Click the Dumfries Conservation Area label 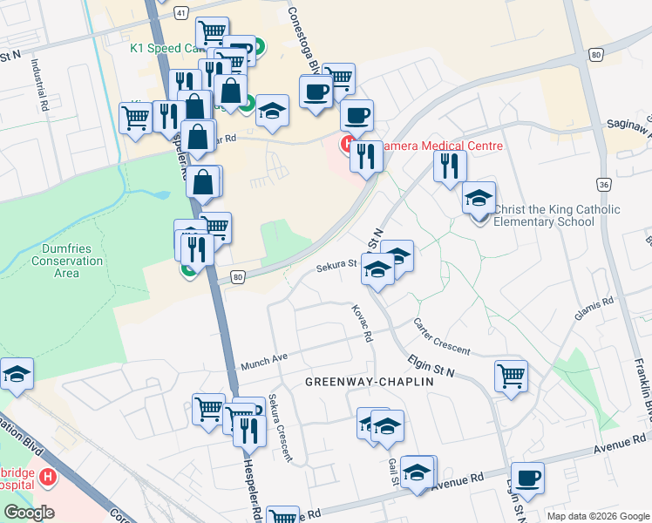tap(67, 260)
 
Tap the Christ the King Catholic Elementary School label tap(556, 215)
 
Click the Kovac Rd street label tap(362, 323)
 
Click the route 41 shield tap(180, 13)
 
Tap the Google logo tap(29, 513)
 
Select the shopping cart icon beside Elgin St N tap(511, 377)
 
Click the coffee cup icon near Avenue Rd tap(527, 478)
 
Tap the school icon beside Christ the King tap(479, 199)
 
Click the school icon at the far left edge tap(16, 374)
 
